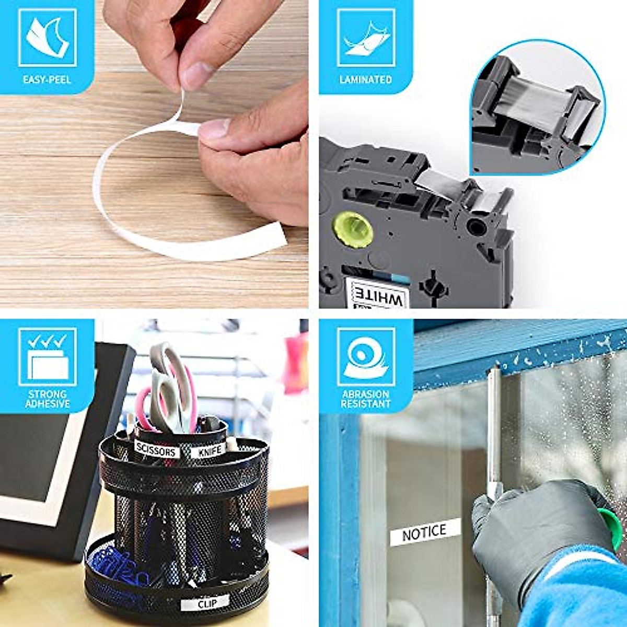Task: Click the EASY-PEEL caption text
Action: (x=47, y=80)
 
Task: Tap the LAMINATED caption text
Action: (x=365, y=80)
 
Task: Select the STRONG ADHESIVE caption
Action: (x=48, y=399)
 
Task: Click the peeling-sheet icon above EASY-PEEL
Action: (x=48, y=38)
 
